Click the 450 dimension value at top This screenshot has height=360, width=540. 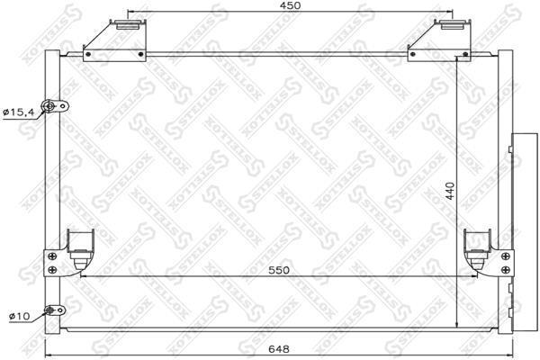[x=290, y=5]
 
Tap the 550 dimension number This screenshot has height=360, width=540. [x=279, y=270]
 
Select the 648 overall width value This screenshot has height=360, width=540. [x=279, y=349]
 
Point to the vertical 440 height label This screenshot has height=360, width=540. [x=450, y=191]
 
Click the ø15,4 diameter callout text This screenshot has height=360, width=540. [x=19, y=112]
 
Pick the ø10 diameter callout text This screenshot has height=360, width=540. [x=19, y=316]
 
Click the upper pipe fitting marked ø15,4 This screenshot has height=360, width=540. [x=54, y=106]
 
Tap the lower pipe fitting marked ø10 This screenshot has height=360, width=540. [x=54, y=310]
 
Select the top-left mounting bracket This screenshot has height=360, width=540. [x=114, y=41]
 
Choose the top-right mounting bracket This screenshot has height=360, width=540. [x=439, y=41]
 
